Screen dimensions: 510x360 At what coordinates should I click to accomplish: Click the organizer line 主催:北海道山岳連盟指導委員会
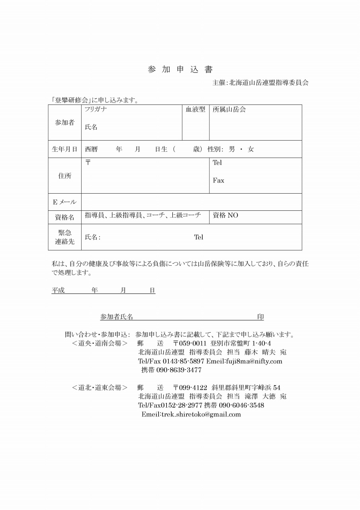[260, 83]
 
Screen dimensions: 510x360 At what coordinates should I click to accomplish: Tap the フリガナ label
[96, 109]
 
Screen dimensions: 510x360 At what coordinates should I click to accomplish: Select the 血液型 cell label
[196, 109]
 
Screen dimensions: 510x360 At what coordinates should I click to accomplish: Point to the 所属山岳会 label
[229, 109]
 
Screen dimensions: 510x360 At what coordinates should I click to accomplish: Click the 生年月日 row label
[65, 149]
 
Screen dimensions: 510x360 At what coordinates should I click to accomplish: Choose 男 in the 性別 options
[232, 149]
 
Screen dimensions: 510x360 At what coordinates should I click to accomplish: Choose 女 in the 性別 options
[250, 149]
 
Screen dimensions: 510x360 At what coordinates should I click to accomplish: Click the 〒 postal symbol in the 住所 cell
[88, 162]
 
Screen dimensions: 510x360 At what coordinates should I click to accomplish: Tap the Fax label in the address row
[218, 180]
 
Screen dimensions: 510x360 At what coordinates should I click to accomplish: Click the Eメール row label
[65, 202]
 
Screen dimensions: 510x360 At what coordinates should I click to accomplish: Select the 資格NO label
[225, 215]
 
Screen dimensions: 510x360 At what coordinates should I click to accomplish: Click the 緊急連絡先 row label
[65, 237]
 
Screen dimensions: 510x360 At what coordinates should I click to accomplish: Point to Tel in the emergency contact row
[198, 237]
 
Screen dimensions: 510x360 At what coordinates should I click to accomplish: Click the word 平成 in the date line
[58, 290]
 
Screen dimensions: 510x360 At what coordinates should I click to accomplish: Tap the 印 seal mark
[260, 317]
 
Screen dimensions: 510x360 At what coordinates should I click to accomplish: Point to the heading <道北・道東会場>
[100, 387]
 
